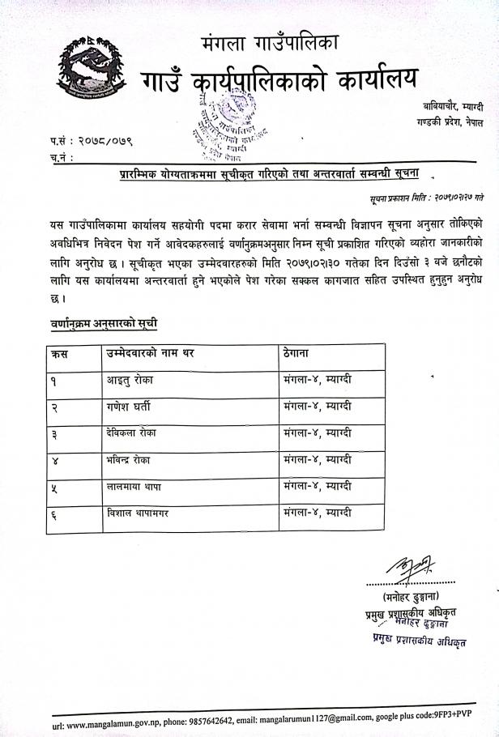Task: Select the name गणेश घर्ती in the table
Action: (x=122, y=407)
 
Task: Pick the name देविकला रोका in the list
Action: (x=125, y=433)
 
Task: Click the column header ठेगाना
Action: (x=299, y=353)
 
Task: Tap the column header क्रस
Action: (x=58, y=353)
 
